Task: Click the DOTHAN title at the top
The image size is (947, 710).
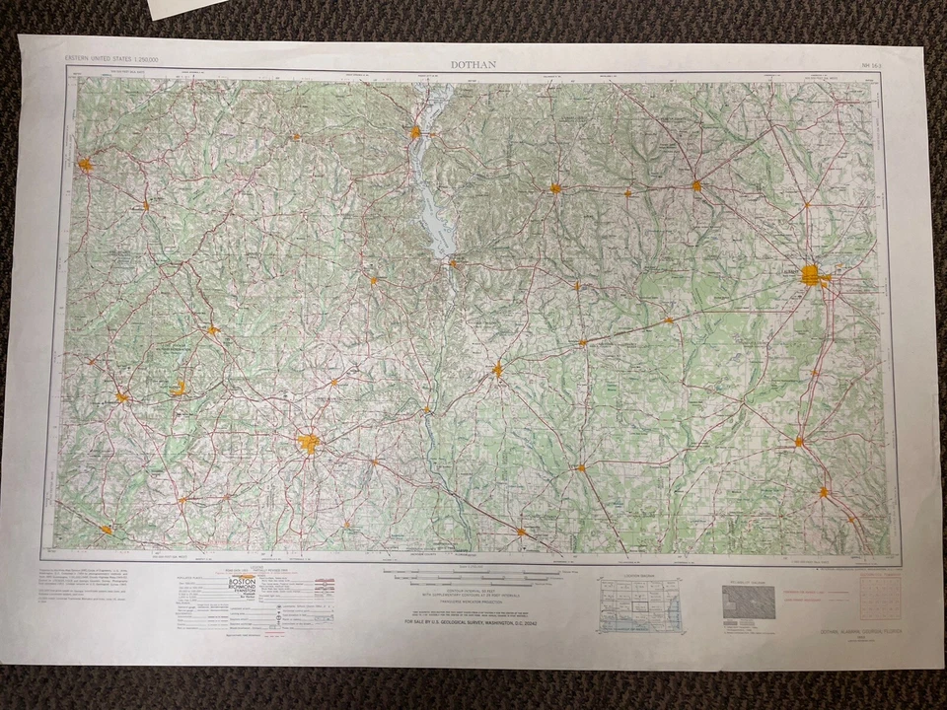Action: tap(473, 65)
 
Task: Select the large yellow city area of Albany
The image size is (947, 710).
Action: tap(812, 275)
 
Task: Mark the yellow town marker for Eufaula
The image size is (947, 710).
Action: tap(416, 131)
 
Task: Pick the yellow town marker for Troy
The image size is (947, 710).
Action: tap(86, 165)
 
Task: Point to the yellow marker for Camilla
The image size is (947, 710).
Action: tap(799, 441)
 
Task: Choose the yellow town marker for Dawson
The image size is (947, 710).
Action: tap(696, 184)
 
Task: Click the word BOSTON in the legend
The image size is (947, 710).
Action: tap(242, 583)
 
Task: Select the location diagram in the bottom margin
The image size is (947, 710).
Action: tap(639, 603)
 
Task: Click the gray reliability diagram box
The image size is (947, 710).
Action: tap(749, 601)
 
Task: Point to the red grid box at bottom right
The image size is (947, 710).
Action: tap(881, 596)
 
